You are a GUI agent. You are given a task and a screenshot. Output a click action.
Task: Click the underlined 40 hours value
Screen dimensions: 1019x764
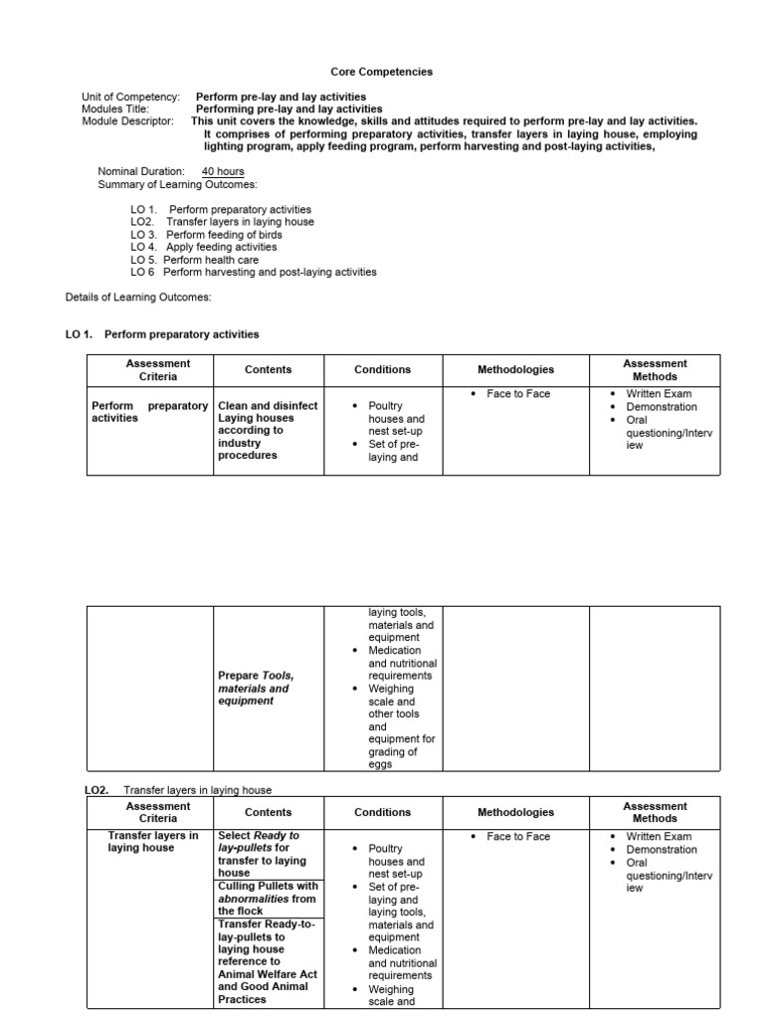(223, 172)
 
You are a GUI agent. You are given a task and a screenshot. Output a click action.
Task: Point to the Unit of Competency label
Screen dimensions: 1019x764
(130, 98)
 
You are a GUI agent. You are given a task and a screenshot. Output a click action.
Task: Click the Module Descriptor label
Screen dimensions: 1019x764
(127, 121)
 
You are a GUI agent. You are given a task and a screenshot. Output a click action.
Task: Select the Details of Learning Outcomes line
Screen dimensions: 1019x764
(138, 297)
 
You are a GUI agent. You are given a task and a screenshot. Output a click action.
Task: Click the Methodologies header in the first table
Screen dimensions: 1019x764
(515, 369)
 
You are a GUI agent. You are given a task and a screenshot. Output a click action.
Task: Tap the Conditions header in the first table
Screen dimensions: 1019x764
(382, 369)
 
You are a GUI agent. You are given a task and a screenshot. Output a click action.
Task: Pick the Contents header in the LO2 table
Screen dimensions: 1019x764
(268, 812)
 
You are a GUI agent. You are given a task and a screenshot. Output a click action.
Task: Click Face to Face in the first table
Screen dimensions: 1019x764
(517, 394)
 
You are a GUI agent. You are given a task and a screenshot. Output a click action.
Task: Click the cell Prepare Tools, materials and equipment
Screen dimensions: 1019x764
(256, 688)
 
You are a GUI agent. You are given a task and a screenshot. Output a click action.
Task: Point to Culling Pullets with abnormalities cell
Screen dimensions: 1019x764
(268, 898)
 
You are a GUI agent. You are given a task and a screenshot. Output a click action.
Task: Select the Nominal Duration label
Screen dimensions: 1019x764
(141, 172)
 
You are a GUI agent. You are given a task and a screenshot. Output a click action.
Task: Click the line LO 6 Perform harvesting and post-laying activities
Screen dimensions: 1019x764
(253, 272)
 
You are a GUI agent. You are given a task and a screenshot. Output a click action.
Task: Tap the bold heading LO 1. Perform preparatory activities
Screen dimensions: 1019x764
(162, 334)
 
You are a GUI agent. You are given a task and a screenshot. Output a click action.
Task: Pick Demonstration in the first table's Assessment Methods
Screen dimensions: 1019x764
(661, 407)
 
